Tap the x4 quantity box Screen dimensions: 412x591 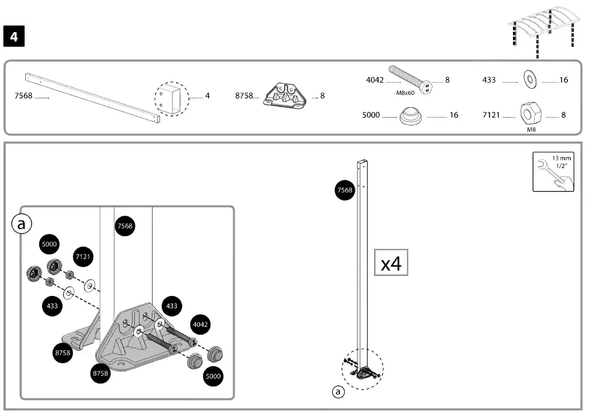coord(391,263)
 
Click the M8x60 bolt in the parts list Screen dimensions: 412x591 coord(410,79)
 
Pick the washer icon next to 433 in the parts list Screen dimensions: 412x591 coord(530,79)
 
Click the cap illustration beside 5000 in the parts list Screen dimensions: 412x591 coord(412,116)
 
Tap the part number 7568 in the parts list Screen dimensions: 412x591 coord(23,96)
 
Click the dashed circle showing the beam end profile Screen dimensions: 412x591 coord(172,98)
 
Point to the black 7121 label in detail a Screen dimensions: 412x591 coord(84,257)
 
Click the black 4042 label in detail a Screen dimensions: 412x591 coord(201,324)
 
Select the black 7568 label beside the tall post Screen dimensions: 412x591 coord(344,190)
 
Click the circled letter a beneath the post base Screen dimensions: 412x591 coord(338,392)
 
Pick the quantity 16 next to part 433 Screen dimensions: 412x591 coord(563,80)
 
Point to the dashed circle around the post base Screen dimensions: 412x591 coord(362,369)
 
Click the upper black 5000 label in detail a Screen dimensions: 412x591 coord(49,243)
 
